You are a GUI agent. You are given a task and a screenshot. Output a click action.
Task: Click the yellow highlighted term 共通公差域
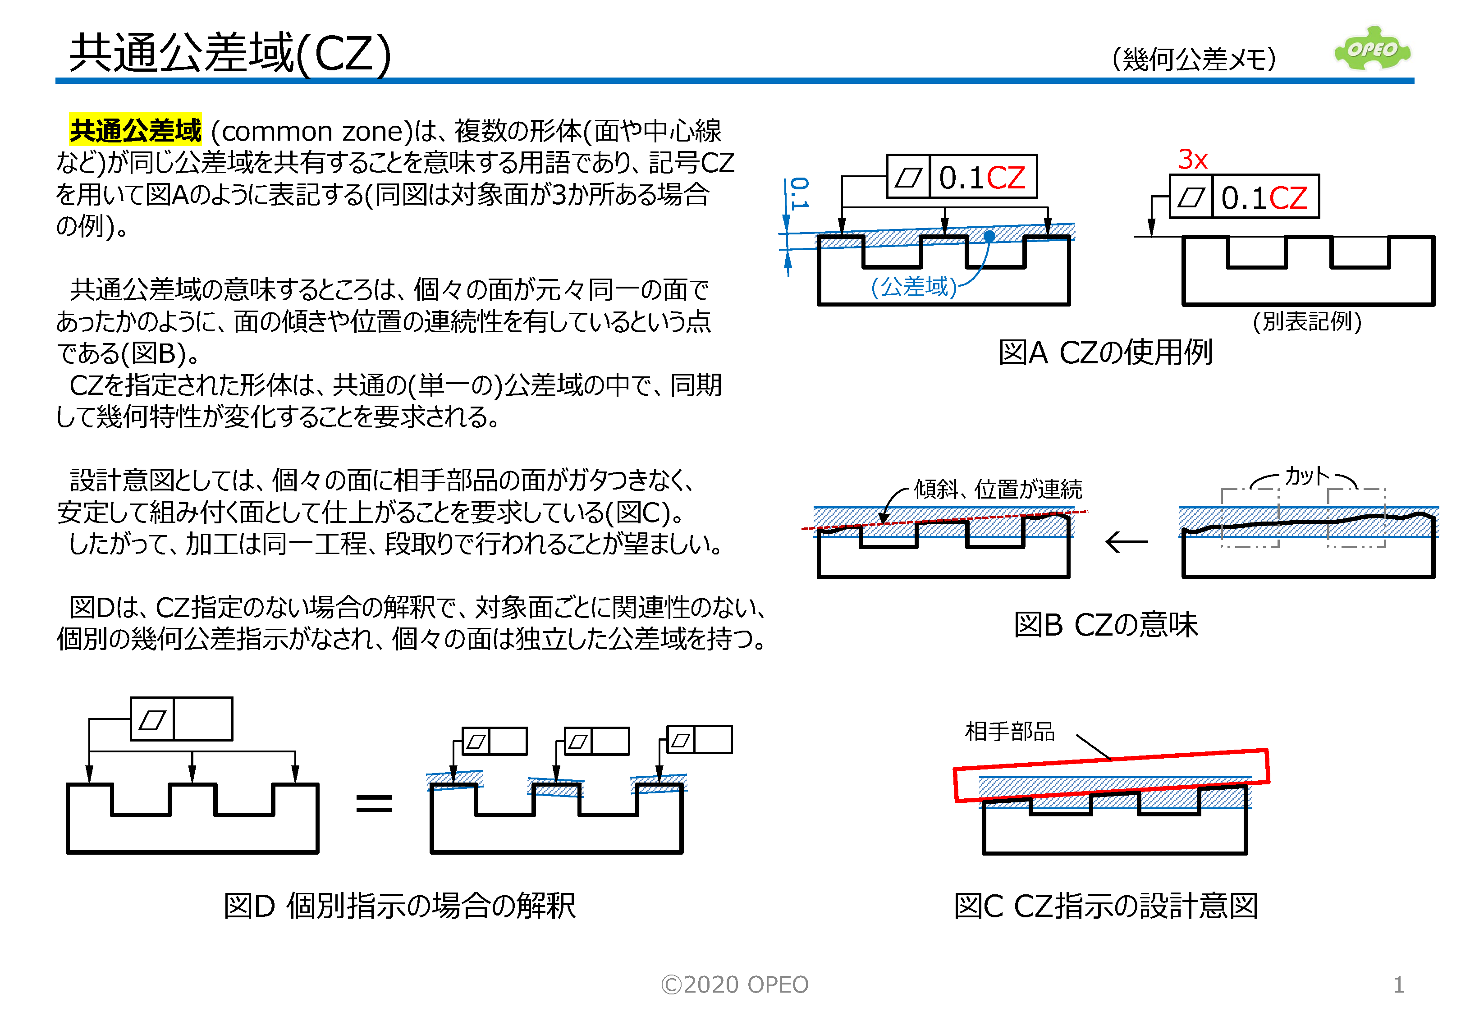(x=135, y=131)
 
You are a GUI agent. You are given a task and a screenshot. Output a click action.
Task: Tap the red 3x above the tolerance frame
(x=1192, y=159)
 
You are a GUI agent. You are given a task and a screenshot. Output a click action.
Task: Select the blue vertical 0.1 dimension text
(x=799, y=193)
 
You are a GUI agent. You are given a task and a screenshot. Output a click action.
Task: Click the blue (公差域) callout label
(x=913, y=287)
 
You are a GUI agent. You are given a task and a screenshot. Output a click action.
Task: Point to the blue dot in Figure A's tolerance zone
(x=989, y=236)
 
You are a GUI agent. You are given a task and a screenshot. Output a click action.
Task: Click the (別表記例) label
(x=1306, y=321)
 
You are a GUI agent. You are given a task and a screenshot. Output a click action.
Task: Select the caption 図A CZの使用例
(x=1105, y=353)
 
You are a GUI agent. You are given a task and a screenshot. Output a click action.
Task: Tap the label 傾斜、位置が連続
(x=998, y=490)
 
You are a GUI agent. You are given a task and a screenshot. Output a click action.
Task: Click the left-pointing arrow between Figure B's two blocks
(x=1127, y=542)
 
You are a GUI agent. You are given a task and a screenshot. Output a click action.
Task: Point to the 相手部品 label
(x=1009, y=731)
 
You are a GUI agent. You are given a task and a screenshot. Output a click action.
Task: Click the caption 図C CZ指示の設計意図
(x=1105, y=906)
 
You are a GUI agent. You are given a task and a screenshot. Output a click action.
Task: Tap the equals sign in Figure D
(x=374, y=803)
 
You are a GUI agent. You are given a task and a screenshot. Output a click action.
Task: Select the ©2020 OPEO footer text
(x=734, y=984)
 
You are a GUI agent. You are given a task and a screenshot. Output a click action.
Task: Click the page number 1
(x=1398, y=984)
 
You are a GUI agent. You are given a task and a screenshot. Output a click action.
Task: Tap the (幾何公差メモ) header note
(x=1194, y=60)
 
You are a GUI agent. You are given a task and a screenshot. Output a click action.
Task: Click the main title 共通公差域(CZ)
(x=230, y=53)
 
